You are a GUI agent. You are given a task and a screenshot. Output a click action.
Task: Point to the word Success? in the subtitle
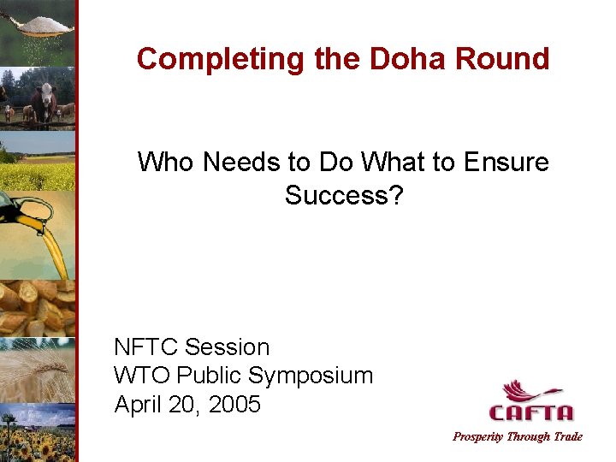343,195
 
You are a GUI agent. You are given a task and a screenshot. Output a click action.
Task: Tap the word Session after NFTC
227,347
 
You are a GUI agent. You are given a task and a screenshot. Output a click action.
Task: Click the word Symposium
311,376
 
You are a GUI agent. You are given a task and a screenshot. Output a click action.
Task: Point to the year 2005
234,404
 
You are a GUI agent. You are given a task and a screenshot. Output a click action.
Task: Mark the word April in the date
139,404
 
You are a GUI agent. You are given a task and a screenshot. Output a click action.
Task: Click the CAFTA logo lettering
531,413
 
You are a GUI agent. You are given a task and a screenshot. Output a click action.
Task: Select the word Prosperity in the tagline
478,437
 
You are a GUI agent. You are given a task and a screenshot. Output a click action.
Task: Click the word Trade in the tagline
568,437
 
